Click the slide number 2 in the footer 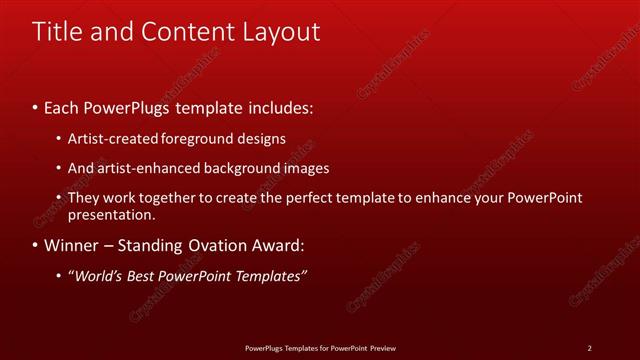tap(589, 348)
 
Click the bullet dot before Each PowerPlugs tap(36, 106)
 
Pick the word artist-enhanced tap(144, 169)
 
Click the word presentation tap(111, 214)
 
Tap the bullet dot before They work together tap(59, 198)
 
